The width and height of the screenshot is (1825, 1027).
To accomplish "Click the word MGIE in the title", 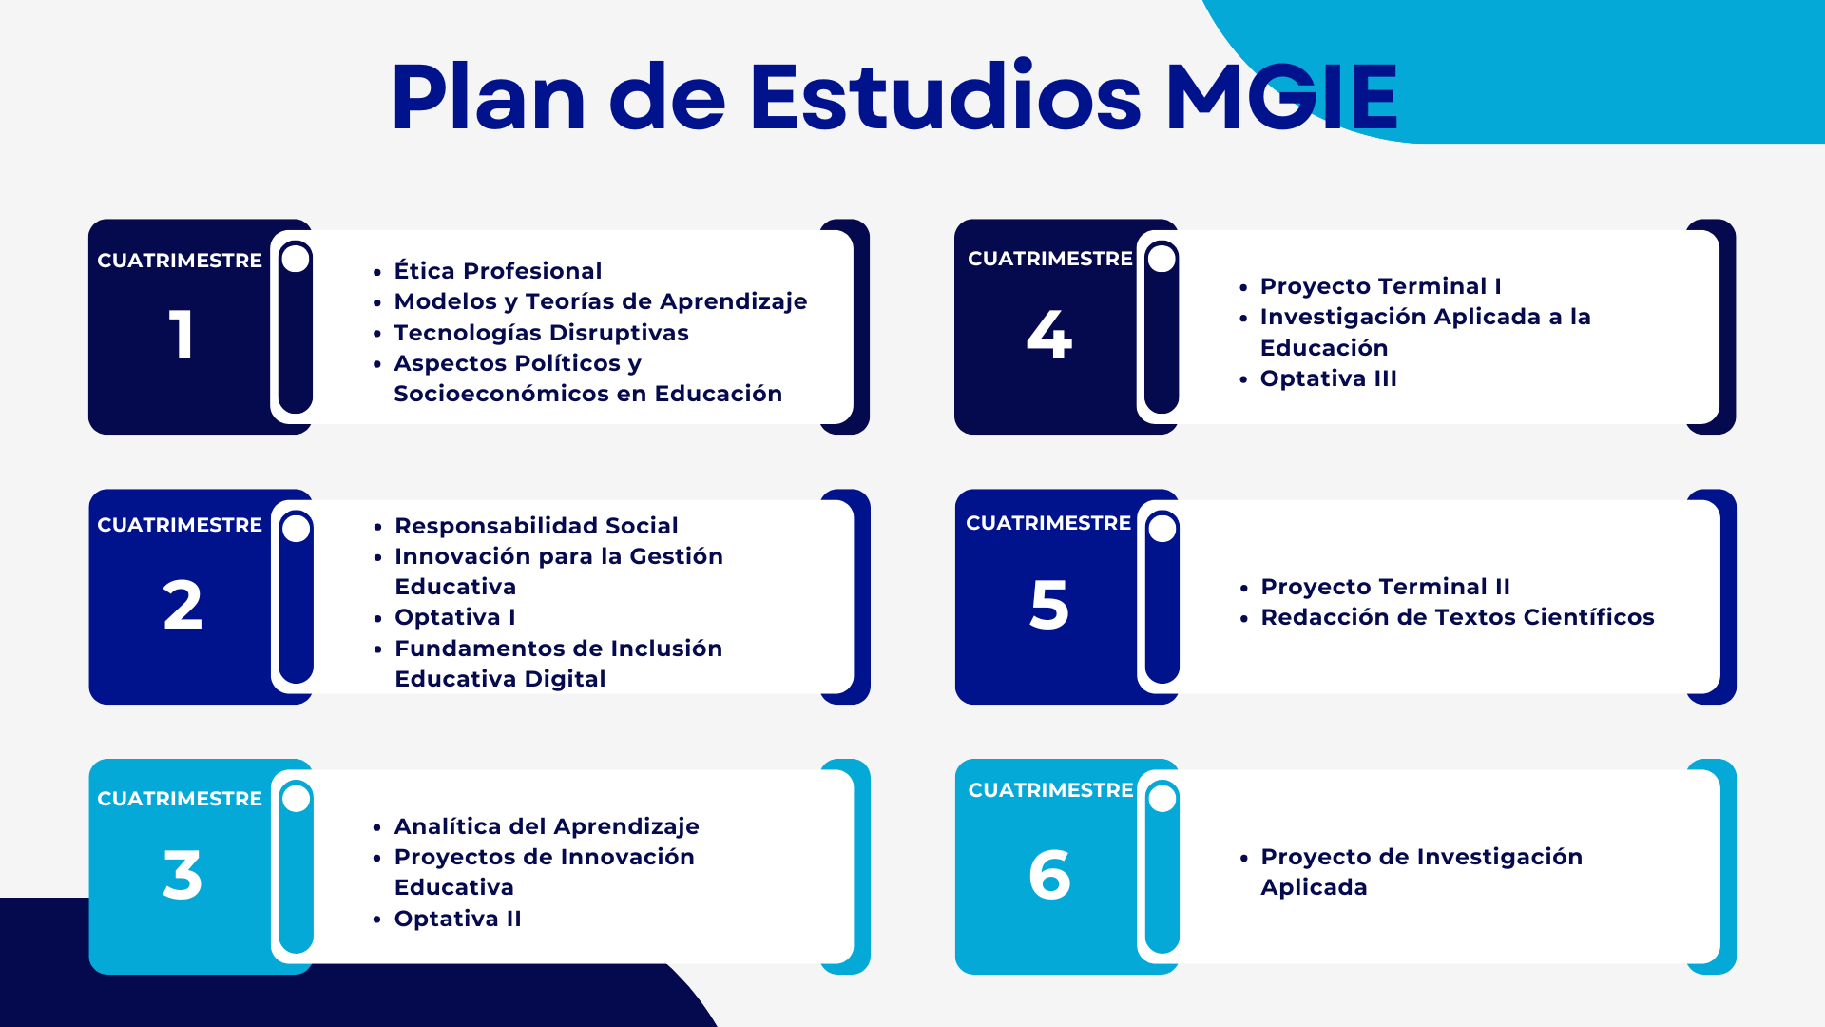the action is click(x=1281, y=96).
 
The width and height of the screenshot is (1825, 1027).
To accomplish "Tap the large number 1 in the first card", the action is click(x=182, y=335).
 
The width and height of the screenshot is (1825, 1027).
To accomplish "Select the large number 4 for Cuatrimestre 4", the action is click(x=1049, y=335).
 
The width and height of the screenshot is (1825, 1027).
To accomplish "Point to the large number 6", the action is click(x=1049, y=875).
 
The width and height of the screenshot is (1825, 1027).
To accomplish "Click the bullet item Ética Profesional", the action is click(x=498, y=271).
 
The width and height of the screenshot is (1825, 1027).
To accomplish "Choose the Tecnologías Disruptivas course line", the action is click(x=541, y=333).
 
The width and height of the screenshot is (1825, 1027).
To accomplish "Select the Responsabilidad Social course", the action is click(x=536, y=526).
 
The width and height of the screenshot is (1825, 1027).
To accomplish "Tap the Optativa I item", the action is click(x=455, y=617).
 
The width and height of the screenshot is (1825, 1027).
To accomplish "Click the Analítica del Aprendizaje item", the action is click(x=547, y=826).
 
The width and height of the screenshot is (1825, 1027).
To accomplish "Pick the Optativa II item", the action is click(x=458, y=919).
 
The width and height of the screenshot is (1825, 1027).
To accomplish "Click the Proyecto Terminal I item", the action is click(x=1381, y=286).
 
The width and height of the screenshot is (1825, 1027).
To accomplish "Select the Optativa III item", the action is click(x=1329, y=378).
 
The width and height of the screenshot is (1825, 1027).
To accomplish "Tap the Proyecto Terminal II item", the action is click(x=1386, y=587).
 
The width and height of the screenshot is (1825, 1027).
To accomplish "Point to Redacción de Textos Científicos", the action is click(x=1457, y=617).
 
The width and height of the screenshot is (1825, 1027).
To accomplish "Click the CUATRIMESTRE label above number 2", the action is click(x=180, y=525).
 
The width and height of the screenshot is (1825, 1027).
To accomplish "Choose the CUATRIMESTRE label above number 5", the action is click(x=1048, y=523).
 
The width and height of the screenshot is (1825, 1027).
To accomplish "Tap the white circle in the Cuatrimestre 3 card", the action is click(x=297, y=798).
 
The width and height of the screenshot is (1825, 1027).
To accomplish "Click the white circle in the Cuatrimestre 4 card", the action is click(x=1162, y=258).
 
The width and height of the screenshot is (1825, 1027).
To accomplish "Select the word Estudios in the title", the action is click(x=945, y=96).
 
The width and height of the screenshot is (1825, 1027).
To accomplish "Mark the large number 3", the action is click(x=182, y=875).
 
